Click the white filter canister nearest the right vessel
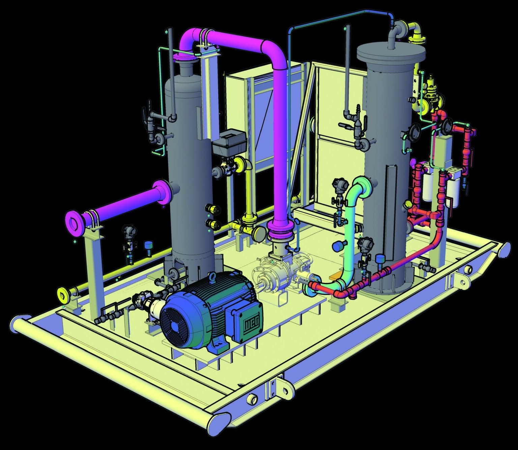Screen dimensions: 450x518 [427, 187]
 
